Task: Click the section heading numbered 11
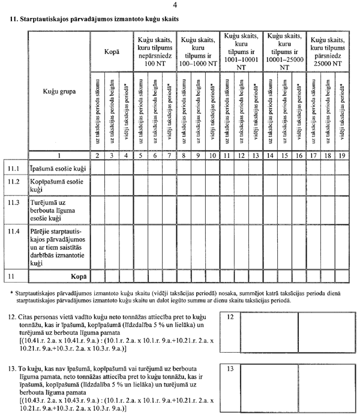click(95, 20)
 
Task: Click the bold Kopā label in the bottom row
click(76, 276)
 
